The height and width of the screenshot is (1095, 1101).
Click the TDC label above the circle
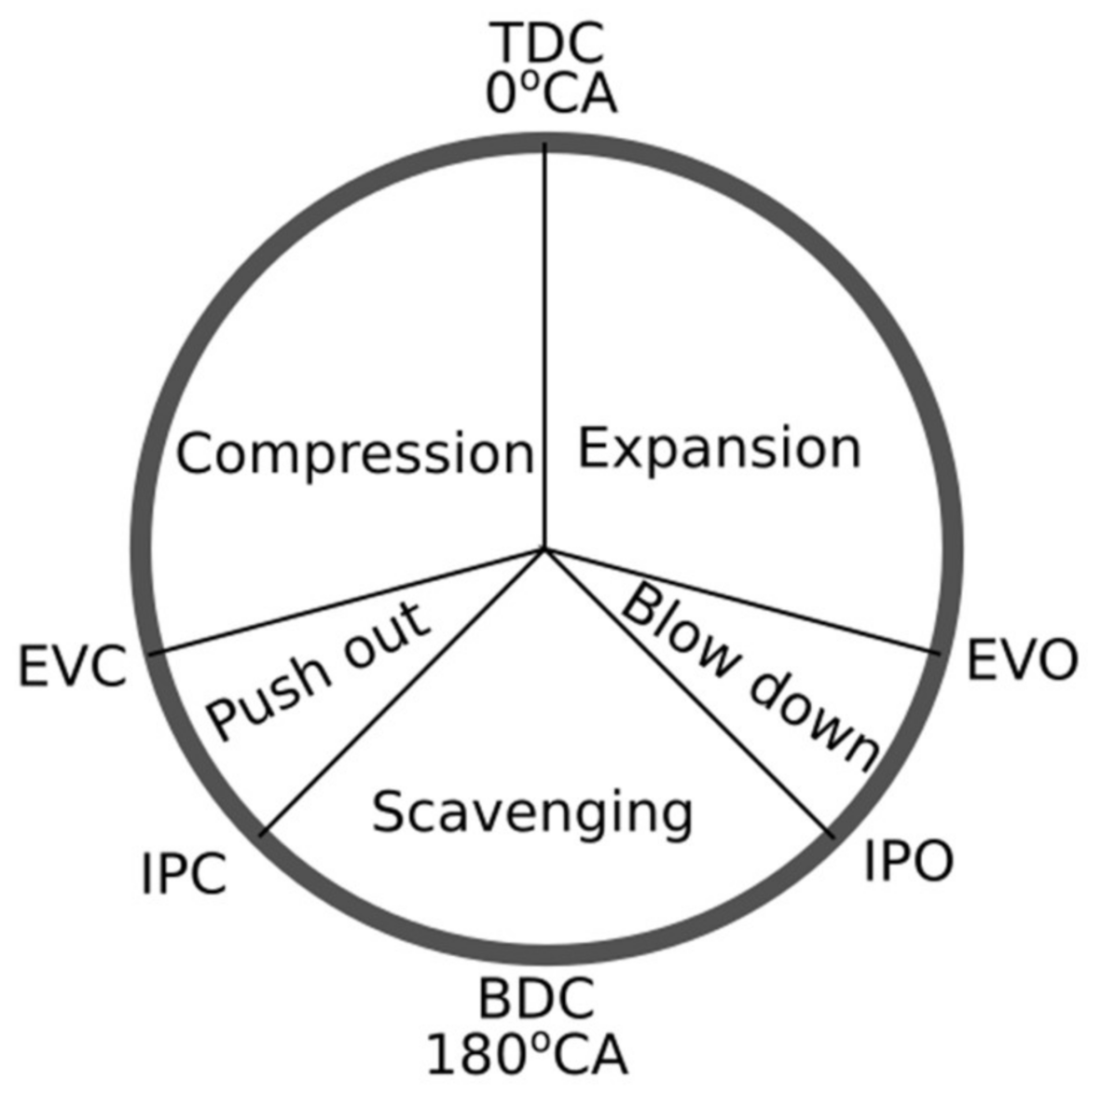pos(548,42)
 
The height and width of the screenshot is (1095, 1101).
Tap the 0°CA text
pos(551,94)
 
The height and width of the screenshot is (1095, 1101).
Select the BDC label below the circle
pos(536,999)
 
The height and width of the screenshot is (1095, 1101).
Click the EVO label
pos(1022,660)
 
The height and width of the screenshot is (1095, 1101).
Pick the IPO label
pos(907,861)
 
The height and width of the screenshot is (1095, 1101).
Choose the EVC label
pos(73,668)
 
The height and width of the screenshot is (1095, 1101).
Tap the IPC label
pos(185,875)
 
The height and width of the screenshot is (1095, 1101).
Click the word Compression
pos(354,455)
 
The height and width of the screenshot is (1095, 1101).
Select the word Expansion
pos(719,449)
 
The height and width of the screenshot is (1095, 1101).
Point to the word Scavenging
pos(532,812)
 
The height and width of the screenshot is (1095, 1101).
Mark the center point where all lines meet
pos(545,550)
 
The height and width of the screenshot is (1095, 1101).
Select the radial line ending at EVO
pos(746,603)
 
